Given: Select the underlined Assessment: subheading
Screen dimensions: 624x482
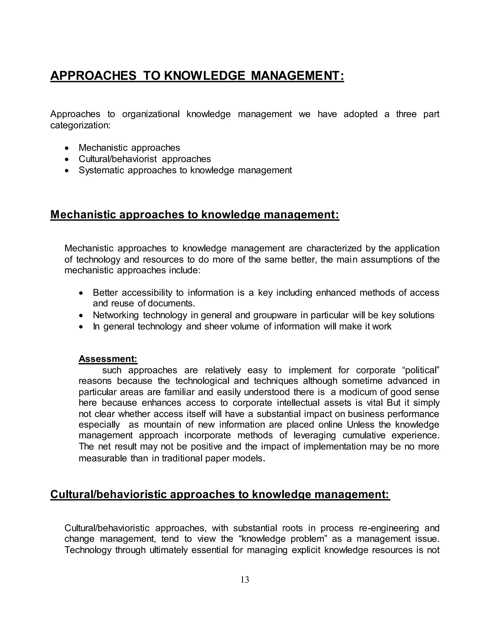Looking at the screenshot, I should [x=108, y=359].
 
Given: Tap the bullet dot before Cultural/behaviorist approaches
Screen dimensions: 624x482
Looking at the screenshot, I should [x=67, y=159].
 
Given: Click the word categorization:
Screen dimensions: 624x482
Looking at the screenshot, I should [x=80, y=125].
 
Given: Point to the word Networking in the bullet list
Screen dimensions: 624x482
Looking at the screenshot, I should [x=116, y=315].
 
